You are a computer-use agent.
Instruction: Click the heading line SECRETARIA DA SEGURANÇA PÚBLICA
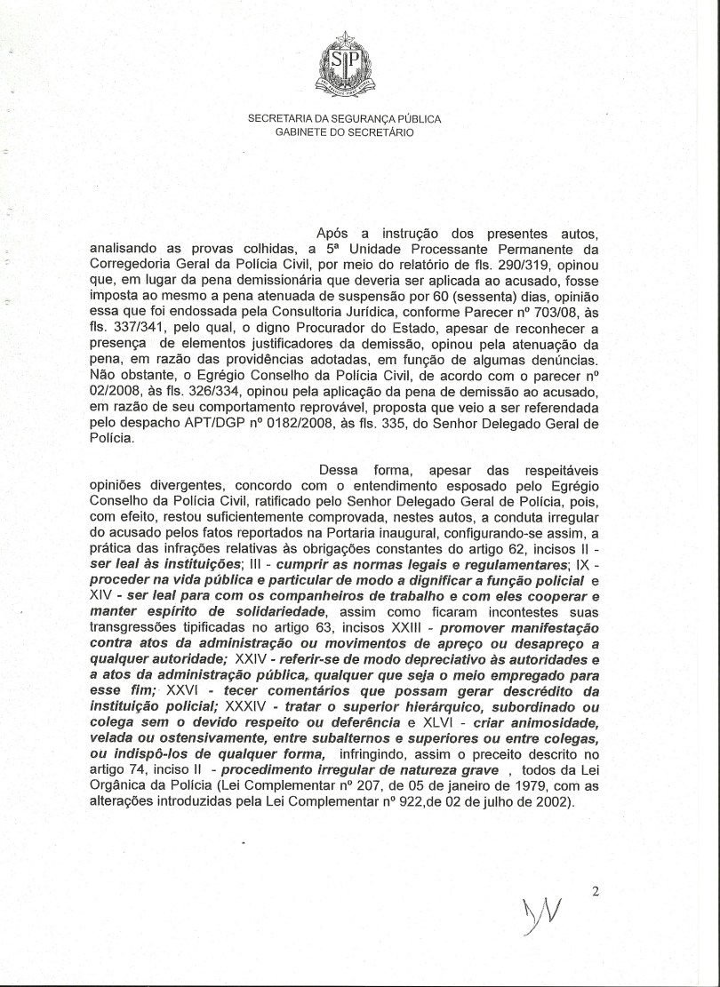[x=344, y=118]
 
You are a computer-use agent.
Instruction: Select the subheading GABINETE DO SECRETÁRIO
[x=344, y=132]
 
